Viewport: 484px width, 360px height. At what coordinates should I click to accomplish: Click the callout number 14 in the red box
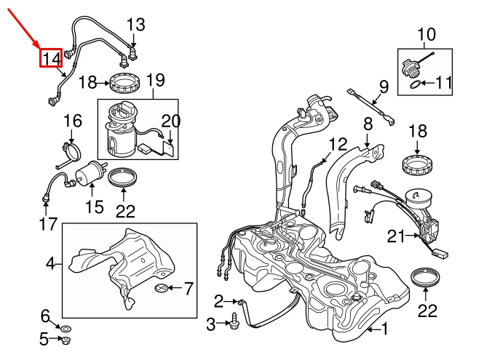51,57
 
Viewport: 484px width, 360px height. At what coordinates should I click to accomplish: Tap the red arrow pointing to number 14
26,27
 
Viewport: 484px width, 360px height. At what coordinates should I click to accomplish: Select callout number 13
136,26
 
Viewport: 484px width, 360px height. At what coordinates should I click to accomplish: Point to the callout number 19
156,80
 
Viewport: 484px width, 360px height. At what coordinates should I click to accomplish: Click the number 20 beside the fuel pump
170,121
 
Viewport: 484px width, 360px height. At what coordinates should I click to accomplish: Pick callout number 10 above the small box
426,33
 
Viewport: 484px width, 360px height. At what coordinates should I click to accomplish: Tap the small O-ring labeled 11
414,85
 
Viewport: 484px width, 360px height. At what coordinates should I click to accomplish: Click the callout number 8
368,124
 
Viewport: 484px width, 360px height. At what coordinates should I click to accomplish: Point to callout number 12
338,143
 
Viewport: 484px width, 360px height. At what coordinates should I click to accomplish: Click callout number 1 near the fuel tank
384,331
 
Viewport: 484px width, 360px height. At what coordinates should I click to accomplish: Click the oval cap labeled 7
163,289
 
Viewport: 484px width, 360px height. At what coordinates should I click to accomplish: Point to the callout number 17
48,224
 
